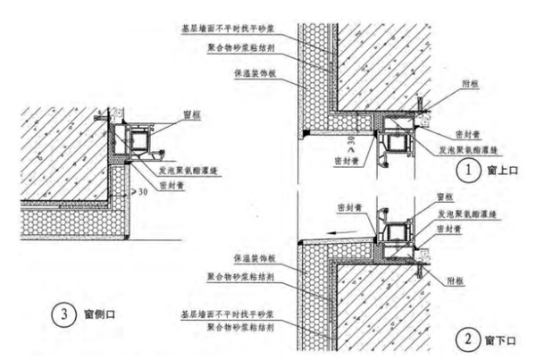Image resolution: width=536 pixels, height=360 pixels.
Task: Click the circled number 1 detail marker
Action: click(464, 167)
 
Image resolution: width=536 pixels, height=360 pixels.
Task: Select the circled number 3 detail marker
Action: click(63, 314)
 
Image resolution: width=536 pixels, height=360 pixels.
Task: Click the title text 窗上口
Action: click(498, 168)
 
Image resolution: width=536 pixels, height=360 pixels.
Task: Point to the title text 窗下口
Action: click(498, 340)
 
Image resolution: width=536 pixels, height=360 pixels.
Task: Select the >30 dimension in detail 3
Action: click(139, 192)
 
